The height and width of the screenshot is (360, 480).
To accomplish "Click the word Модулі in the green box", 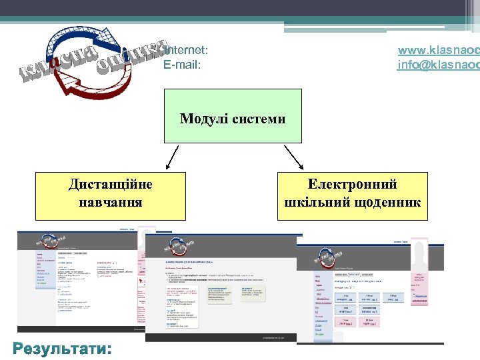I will [203, 119].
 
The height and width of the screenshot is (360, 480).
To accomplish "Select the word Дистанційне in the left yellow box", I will [110, 185].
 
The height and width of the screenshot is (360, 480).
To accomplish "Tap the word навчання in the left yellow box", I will [110, 201].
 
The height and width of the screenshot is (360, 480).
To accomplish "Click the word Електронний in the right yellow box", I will [353, 185].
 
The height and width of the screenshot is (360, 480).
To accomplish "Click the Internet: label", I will [187, 50].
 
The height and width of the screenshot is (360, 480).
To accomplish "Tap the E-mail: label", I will [182, 65].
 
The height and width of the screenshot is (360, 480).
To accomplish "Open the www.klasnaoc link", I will [438, 50].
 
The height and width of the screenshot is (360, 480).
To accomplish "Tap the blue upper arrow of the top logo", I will [80, 33].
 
